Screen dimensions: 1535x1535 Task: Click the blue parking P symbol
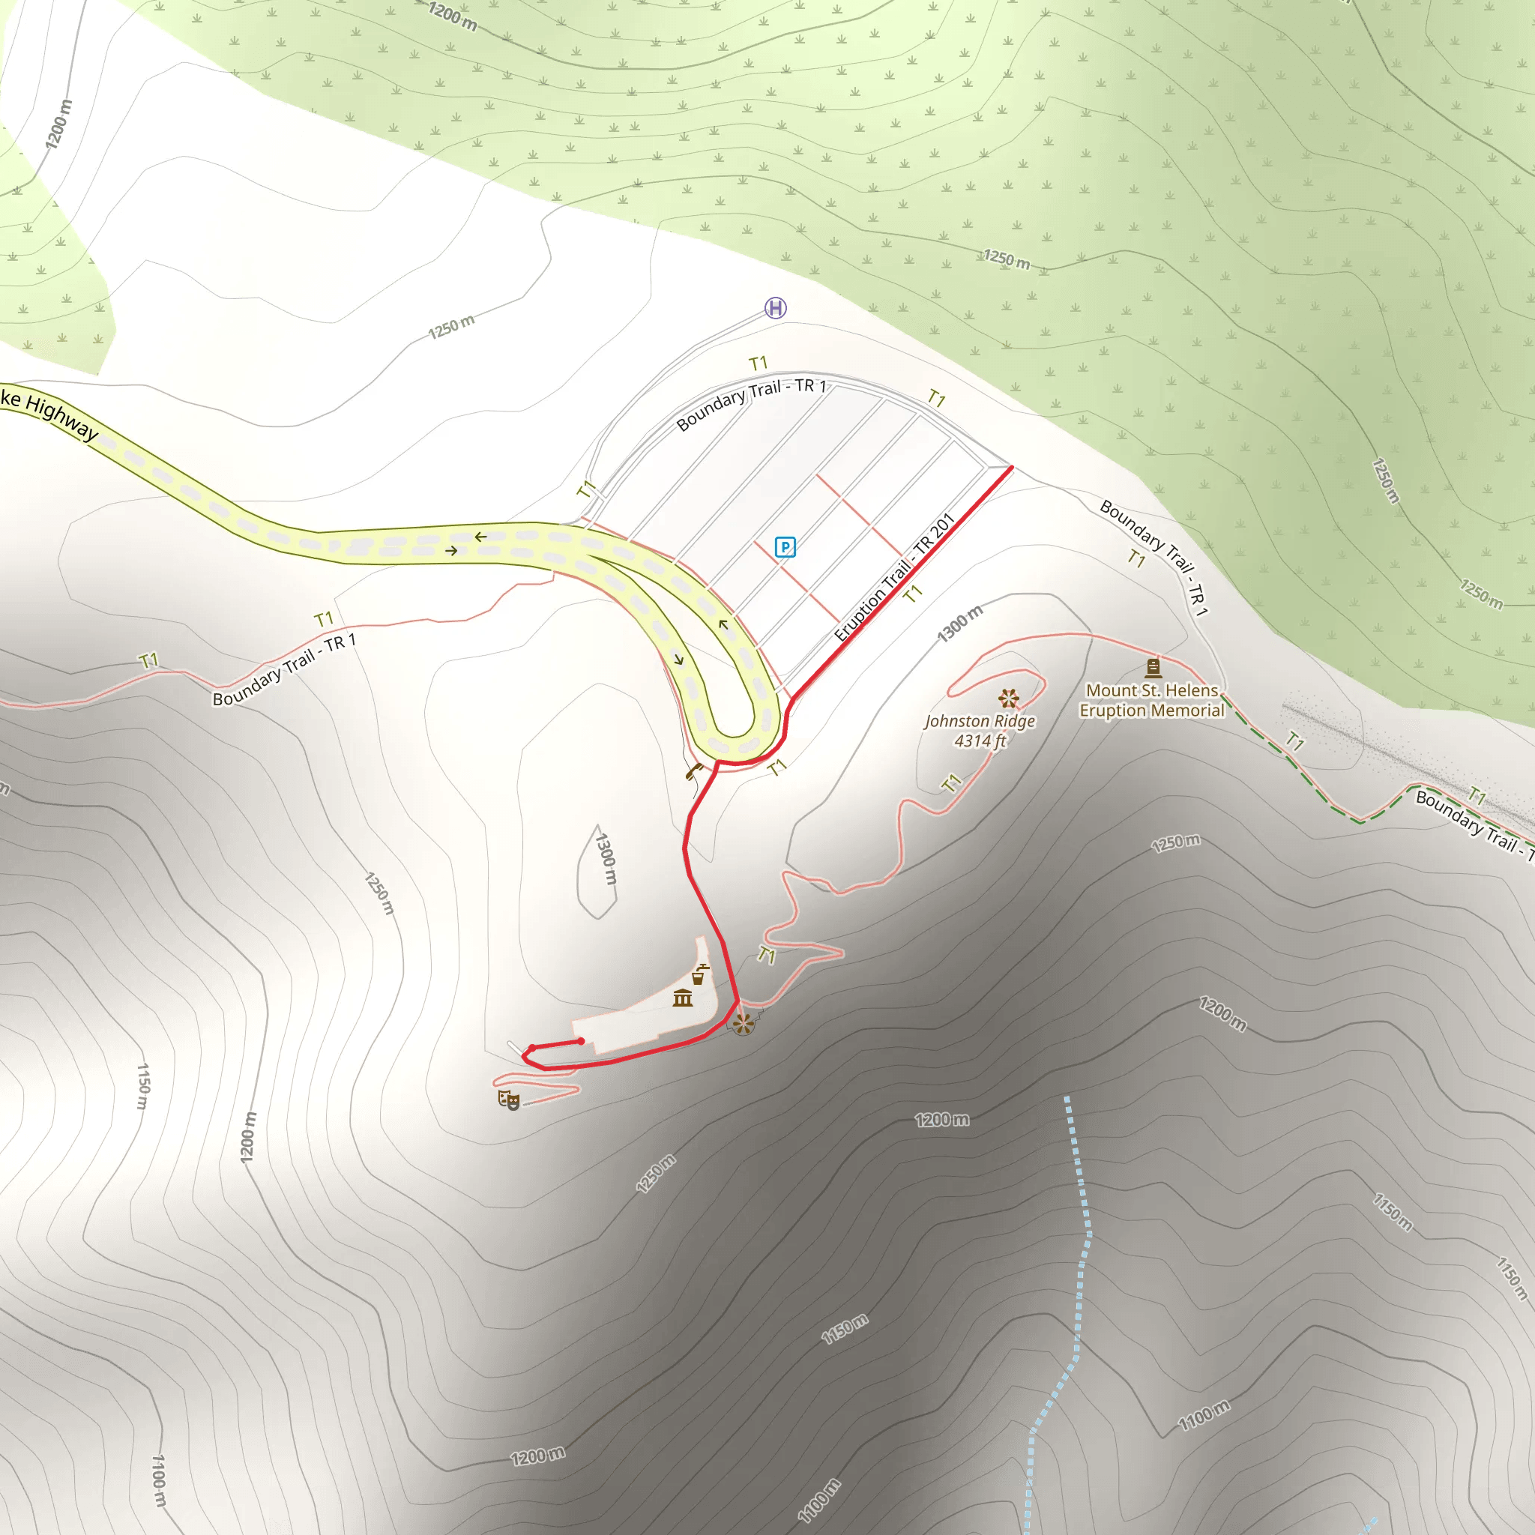[785, 546]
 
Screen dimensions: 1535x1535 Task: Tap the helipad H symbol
[776, 307]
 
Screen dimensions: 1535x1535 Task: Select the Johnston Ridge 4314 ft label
[980, 731]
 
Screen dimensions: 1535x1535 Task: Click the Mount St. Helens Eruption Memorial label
[1151, 701]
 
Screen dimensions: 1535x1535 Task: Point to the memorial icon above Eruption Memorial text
[1153, 667]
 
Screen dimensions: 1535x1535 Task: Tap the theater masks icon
[508, 1100]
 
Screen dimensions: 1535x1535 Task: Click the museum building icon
[683, 998]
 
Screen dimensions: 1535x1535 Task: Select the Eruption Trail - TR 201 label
[894, 579]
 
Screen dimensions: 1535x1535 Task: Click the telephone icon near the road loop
[694, 770]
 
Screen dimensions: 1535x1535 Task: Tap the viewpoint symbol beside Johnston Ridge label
[1009, 699]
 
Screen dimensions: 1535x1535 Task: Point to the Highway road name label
[49, 413]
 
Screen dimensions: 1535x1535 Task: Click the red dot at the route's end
[581, 1041]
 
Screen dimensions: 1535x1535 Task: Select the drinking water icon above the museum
[699, 974]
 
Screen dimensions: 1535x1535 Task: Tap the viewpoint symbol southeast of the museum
[743, 1024]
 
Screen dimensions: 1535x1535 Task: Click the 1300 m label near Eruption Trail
[960, 623]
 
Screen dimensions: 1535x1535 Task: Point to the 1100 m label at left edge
[159, 1481]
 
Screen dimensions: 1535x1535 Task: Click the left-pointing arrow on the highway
[480, 537]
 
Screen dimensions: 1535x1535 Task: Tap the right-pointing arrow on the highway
[451, 551]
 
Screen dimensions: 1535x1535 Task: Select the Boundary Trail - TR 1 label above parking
[751, 404]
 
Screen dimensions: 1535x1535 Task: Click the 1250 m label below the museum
[656, 1174]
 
